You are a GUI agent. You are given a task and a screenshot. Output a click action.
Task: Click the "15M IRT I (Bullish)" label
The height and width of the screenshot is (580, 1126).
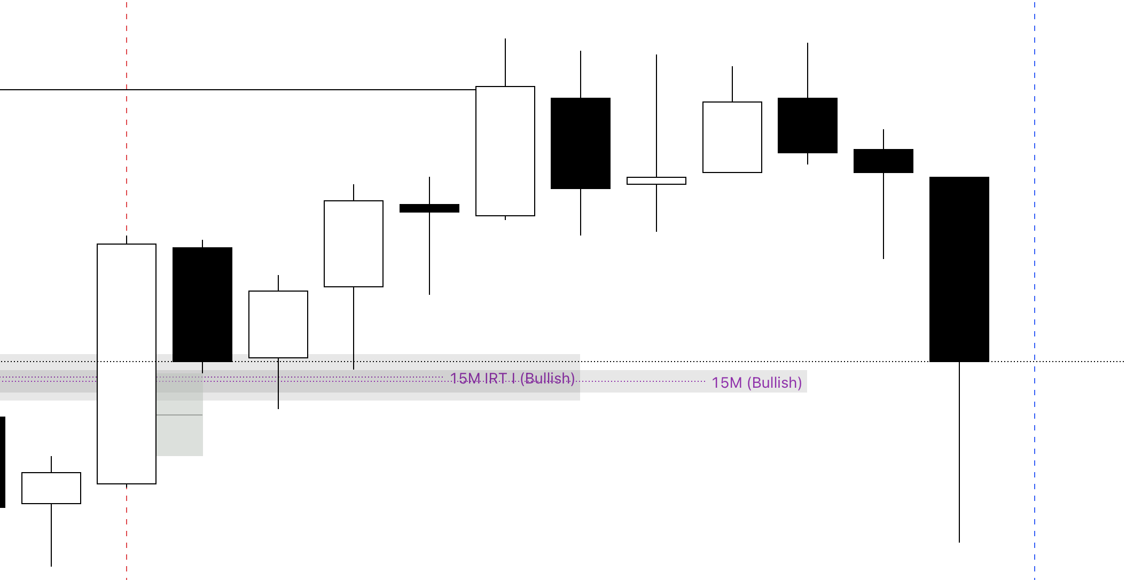[512, 379]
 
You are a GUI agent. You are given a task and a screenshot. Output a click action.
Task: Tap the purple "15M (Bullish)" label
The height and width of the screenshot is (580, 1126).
[756, 382]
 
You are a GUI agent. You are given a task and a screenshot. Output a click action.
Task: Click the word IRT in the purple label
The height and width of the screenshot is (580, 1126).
[495, 379]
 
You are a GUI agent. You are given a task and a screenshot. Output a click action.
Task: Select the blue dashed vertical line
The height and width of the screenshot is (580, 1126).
[1035, 214]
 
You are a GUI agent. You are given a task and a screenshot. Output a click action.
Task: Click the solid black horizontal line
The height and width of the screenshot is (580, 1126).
[267, 90]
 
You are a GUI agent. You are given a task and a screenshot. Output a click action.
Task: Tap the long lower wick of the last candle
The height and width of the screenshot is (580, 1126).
[959, 454]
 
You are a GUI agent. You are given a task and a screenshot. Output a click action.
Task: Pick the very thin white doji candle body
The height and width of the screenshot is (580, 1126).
[656, 181]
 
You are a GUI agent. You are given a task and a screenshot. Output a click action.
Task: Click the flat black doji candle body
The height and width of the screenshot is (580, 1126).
[429, 208]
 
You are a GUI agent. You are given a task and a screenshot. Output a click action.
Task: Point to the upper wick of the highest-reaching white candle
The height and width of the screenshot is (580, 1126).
[505, 61]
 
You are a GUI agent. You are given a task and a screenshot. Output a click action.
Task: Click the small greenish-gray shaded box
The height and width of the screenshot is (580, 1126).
[179, 435]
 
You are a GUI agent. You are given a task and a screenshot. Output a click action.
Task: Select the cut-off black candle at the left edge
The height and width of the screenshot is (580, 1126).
[2, 462]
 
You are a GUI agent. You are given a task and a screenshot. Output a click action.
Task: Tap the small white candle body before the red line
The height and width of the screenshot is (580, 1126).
[51, 488]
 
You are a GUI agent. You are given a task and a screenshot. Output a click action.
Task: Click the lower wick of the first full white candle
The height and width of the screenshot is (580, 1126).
[51, 534]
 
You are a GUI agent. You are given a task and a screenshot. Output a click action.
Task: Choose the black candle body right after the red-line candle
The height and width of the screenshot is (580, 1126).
[202, 304]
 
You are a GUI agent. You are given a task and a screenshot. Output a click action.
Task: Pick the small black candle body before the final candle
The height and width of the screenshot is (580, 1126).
[883, 161]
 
